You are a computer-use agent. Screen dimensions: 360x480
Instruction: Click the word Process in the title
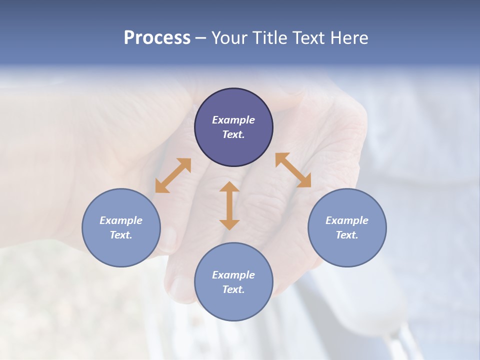pyautogui.click(x=157, y=38)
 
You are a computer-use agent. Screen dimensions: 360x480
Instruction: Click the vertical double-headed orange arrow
pyautogui.click(x=229, y=205)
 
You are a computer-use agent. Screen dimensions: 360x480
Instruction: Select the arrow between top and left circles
pyautogui.click(x=173, y=175)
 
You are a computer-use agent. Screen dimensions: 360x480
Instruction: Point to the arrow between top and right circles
pyautogui.click(x=293, y=170)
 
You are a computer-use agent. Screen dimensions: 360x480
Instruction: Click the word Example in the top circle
pyautogui.click(x=233, y=120)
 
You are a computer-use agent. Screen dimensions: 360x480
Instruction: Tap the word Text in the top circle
pyautogui.click(x=233, y=134)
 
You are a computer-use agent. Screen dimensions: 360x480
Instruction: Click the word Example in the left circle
pyautogui.click(x=121, y=220)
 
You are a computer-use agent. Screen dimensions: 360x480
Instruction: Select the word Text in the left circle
pyautogui.click(x=121, y=235)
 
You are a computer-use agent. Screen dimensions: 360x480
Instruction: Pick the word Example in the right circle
pyautogui.click(x=347, y=220)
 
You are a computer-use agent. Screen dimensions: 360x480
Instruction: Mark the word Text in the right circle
pyautogui.click(x=347, y=235)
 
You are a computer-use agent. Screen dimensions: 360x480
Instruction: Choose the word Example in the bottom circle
pyautogui.click(x=233, y=275)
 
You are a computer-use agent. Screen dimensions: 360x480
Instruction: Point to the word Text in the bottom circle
pyautogui.click(x=233, y=289)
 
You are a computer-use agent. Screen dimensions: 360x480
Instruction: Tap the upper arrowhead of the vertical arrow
pyautogui.click(x=229, y=187)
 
